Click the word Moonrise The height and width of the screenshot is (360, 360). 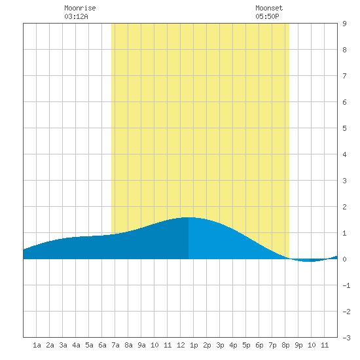[x=80, y=8]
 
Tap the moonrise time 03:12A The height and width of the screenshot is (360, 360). [x=76, y=16]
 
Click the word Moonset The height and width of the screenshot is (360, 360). [x=269, y=8]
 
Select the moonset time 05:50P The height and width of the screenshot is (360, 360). [x=267, y=16]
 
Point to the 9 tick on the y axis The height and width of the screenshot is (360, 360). [x=344, y=24]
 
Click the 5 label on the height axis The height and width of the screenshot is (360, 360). [x=344, y=128]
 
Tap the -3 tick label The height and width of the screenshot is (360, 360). [x=346, y=338]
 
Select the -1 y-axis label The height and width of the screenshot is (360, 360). [x=346, y=285]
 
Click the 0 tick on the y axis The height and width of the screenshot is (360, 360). [x=344, y=259]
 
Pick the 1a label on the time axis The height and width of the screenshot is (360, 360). [x=37, y=345]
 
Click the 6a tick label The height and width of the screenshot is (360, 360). [x=102, y=345]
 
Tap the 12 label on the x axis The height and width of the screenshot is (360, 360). [x=181, y=345]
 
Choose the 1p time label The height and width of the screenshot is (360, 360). [x=194, y=345]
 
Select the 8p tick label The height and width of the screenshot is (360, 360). [x=285, y=345]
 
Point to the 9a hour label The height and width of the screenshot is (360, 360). [x=141, y=345]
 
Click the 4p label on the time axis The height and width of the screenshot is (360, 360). [x=233, y=345]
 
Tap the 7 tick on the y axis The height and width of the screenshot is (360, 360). [x=344, y=76]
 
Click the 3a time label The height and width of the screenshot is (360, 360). [x=63, y=345]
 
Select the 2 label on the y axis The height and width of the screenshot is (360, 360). [x=344, y=207]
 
